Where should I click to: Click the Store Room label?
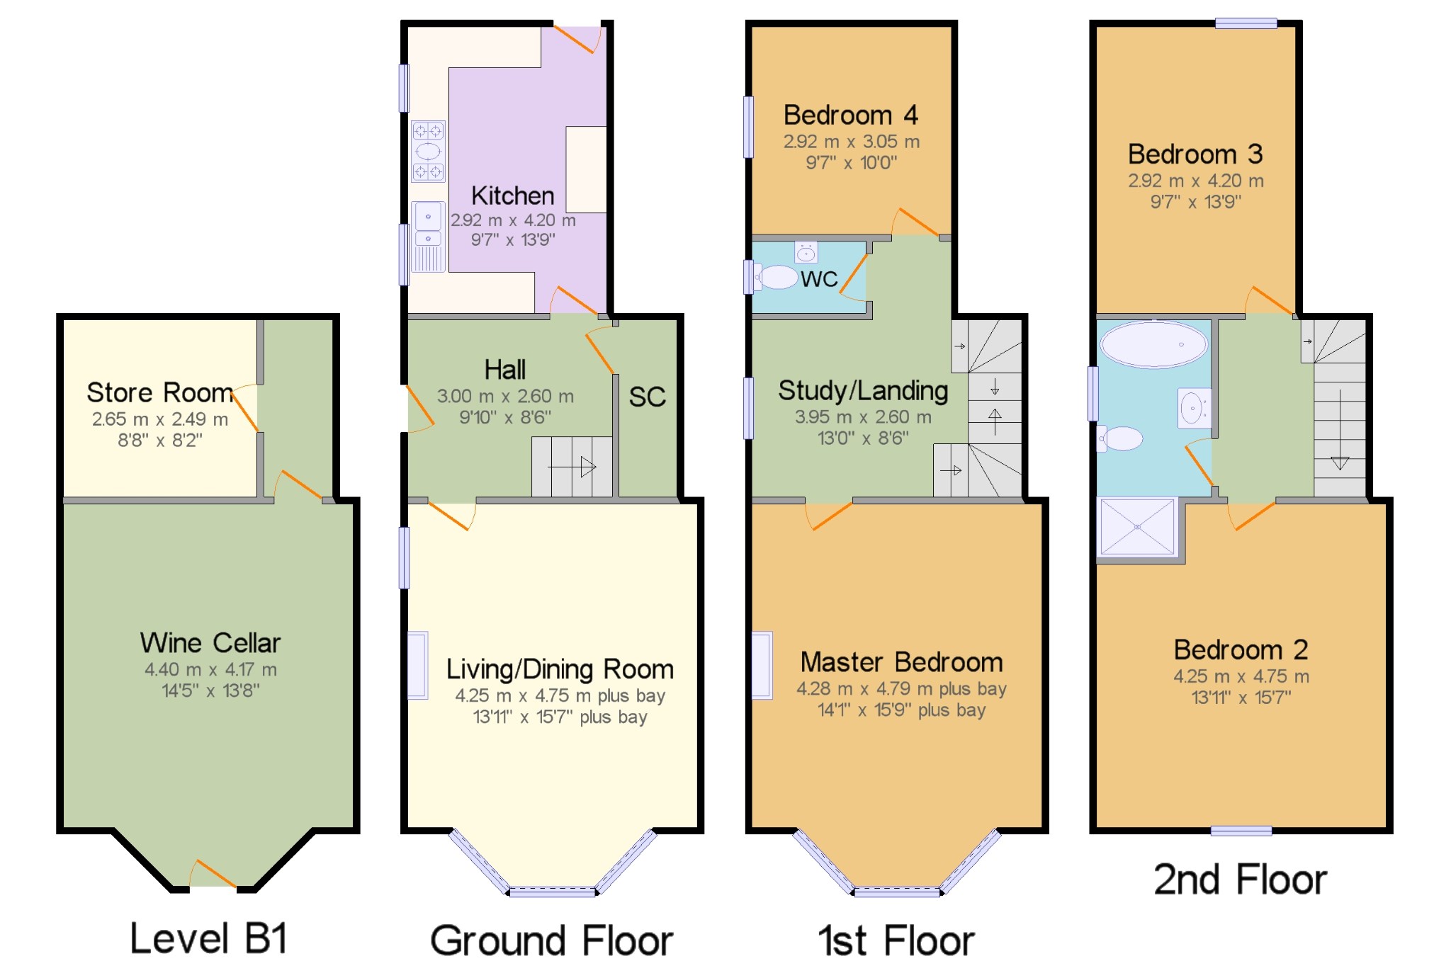coord(159,392)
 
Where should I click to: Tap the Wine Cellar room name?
coord(210,643)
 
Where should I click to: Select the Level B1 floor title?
coord(209,939)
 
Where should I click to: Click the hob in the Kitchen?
coord(429,151)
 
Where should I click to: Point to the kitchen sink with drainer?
coord(429,237)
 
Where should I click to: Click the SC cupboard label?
coord(648,397)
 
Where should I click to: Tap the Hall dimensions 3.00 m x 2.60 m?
coord(505,396)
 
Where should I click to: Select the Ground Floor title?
coord(551,941)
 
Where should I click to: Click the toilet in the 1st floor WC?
coord(775,277)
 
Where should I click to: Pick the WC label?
coord(819,279)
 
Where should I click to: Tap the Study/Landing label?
coord(863,391)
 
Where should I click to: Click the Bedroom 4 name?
coord(850,115)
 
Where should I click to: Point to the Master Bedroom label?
coord(901,662)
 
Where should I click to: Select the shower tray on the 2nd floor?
coord(1137,526)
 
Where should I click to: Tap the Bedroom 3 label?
coord(1195,154)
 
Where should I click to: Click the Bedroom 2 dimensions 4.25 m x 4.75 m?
coord(1241,676)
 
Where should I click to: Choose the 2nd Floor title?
coord(1240,880)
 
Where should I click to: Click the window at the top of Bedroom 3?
coord(1246,23)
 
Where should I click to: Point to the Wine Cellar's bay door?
coord(213,873)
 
